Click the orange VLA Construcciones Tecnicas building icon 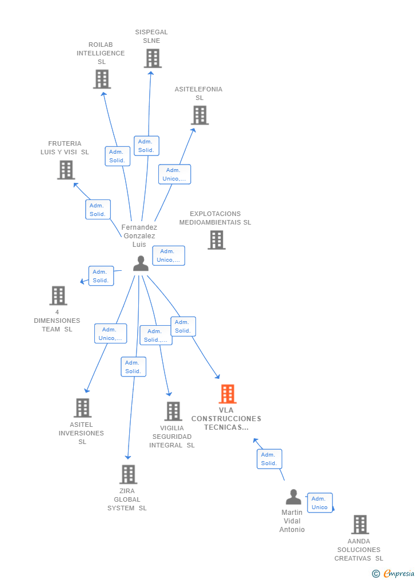click(x=227, y=394)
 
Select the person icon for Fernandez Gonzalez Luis click(x=141, y=263)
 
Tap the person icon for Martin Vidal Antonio click(x=293, y=497)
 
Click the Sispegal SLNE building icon click(x=153, y=58)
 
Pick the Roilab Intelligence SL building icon click(x=102, y=79)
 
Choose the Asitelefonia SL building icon click(x=199, y=115)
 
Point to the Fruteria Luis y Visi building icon click(x=66, y=170)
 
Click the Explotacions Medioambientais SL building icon click(x=217, y=240)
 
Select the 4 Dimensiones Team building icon click(x=58, y=295)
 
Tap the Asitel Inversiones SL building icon click(x=83, y=408)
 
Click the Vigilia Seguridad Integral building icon click(x=173, y=411)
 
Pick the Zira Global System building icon click(x=128, y=474)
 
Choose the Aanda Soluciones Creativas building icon click(x=360, y=525)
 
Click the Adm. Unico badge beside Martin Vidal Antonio click(x=319, y=503)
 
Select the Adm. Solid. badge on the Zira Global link click(x=133, y=367)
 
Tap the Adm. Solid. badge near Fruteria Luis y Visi click(x=98, y=210)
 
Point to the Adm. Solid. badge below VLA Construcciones click(x=269, y=459)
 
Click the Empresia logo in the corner click(x=394, y=573)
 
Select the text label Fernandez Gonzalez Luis click(x=139, y=235)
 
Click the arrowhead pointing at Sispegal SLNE click(x=151, y=73)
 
